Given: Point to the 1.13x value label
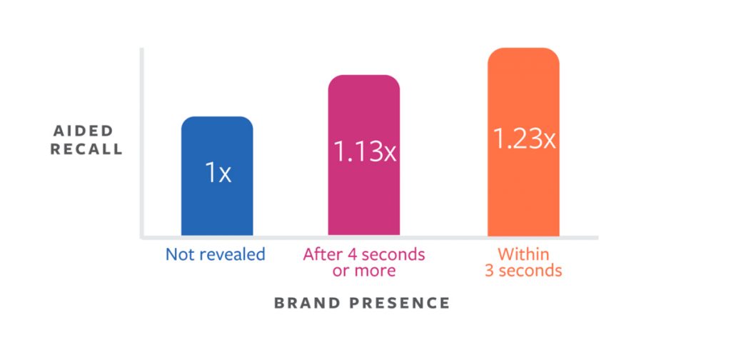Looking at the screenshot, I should click(364, 151).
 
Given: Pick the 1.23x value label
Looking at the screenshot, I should click(524, 139).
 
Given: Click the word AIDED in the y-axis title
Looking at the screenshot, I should click(84, 131).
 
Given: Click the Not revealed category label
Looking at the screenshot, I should click(215, 254).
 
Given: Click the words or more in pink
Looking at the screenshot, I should click(364, 271).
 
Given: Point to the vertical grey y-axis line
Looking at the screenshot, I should click(142, 143).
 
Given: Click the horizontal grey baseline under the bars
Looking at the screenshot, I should click(428, 237).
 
